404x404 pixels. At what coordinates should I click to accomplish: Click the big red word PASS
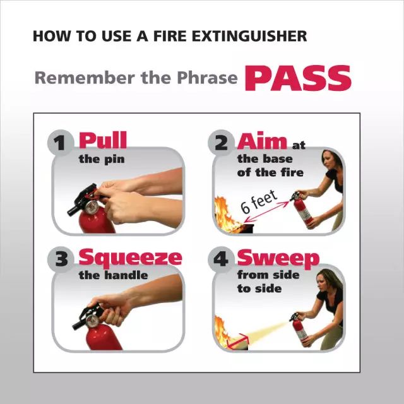[x=298, y=78]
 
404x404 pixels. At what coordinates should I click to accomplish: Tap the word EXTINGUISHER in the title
[x=249, y=36]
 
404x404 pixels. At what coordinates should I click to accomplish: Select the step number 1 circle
[x=61, y=143]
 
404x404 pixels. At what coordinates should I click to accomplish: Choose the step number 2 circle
[x=221, y=143]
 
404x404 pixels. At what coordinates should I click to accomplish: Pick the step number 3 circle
[x=61, y=259]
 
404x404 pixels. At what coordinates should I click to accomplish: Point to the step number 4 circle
[x=221, y=259]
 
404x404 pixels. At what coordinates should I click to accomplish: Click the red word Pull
[x=103, y=140]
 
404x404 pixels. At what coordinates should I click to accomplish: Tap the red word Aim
[x=262, y=141]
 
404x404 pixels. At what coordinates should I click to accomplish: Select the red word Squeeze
[x=131, y=258]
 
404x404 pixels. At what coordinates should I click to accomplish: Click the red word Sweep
[x=278, y=258]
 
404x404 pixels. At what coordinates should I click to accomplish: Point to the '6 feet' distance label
[x=259, y=202]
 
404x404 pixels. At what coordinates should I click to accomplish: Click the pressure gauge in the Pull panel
[x=91, y=207]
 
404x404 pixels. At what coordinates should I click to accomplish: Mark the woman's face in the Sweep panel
[x=323, y=282]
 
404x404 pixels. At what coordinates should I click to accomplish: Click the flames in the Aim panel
[x=225, y=215]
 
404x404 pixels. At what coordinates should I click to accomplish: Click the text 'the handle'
[x=114, y=275]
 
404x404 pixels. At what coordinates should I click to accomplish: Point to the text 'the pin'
[x=102, y=160]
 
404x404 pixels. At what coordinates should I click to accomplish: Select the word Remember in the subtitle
[x=85, y=78]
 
